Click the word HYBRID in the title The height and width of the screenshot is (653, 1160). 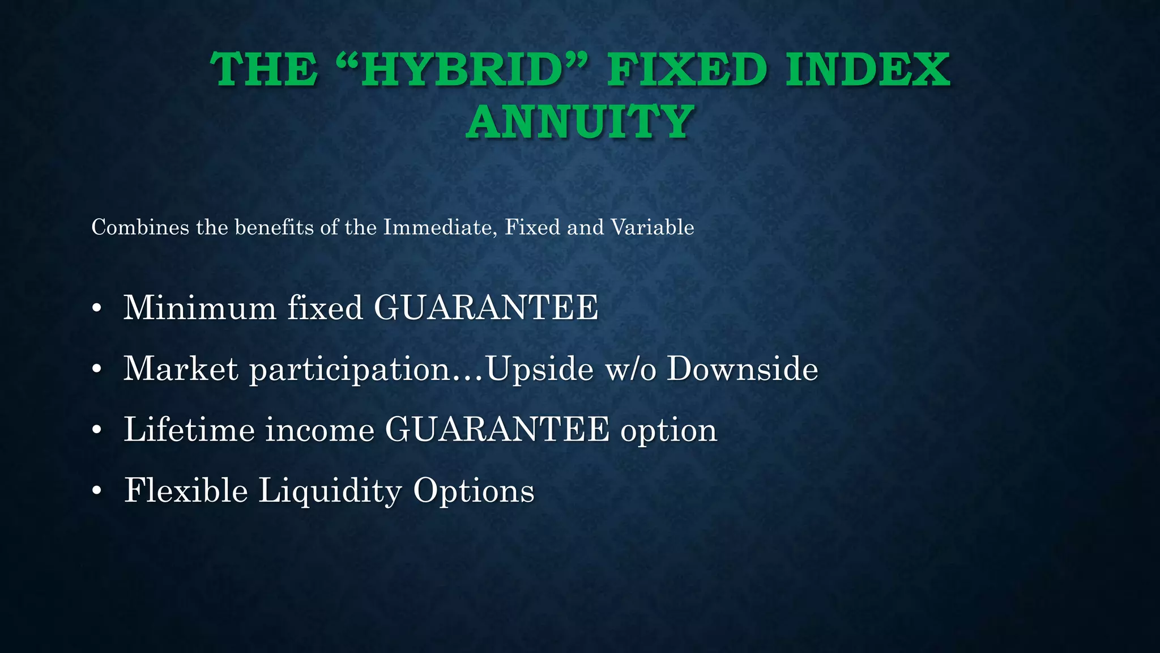(462, 70)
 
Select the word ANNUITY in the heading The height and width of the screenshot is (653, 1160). (580, 122)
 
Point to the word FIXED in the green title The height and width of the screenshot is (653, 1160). (688, 70)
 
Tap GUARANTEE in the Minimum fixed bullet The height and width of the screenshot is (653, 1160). (486, 308)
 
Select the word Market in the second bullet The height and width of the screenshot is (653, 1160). (181, 368)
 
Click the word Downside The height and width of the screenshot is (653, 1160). (743, 368)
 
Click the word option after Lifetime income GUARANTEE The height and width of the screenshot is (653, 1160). (669, 430)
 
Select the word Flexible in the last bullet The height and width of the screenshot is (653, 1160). (186, 490)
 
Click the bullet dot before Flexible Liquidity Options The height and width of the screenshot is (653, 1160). (97, 490)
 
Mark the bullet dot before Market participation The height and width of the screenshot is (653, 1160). (97, 369)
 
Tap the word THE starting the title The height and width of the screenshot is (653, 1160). (264, 70)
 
